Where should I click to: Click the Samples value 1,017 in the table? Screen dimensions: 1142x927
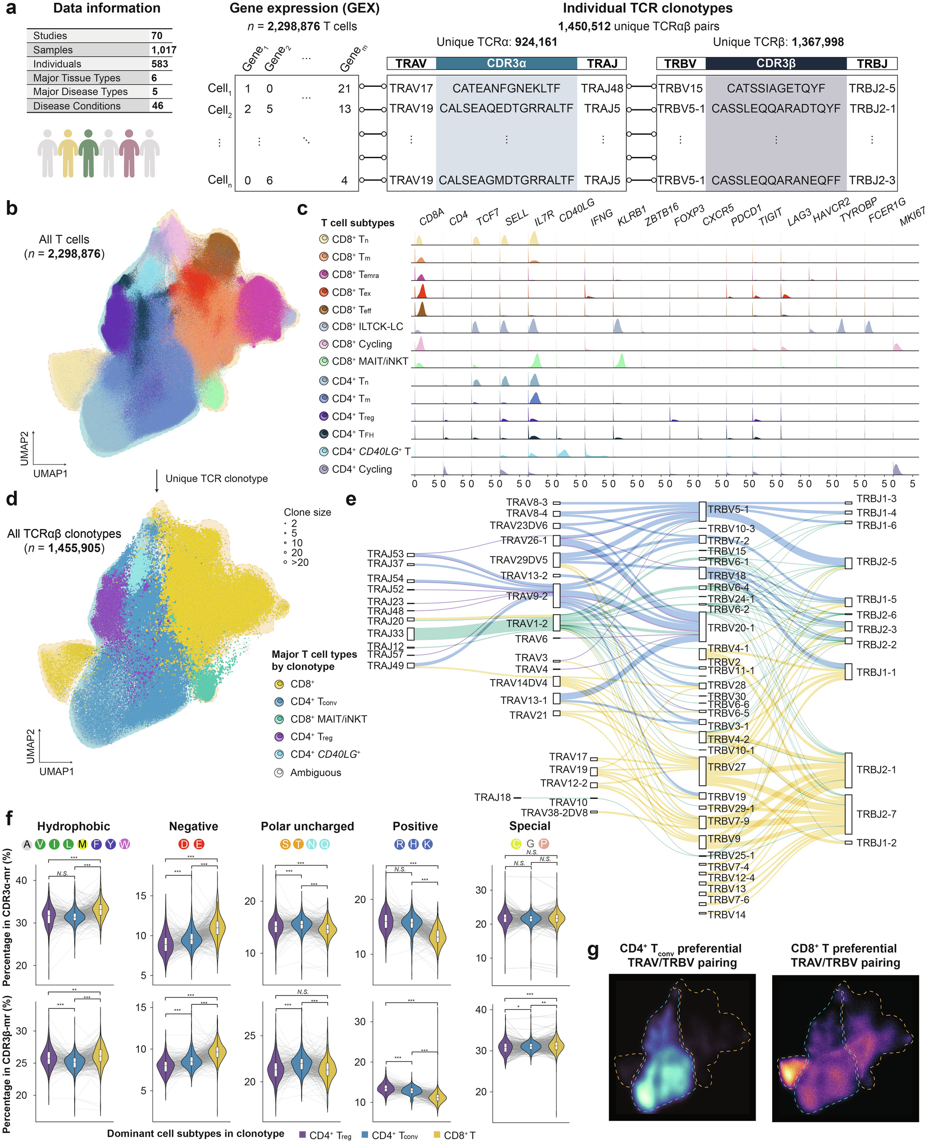[163, 50]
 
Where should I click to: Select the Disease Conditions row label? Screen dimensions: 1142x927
[77, 106]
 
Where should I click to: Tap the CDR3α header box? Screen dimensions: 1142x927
[506, 63]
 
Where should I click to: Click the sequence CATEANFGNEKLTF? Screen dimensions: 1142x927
[506, 88]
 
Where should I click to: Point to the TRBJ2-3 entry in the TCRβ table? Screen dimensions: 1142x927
[872, 180]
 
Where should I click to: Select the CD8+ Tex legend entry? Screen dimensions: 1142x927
[351, 292]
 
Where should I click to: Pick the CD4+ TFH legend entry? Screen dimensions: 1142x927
[352, 434]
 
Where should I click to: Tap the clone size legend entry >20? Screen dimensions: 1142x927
[299, 563]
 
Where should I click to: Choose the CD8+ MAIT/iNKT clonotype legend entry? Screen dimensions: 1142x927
[328, 719]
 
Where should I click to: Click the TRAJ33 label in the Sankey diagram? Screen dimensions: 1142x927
[385, 633]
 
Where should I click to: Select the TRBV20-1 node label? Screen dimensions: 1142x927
[730, 628]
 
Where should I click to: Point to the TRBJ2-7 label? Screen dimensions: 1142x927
[876, 814]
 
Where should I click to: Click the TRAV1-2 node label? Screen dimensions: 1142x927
[527, 623]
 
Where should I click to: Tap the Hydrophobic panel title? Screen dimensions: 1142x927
[74, 826]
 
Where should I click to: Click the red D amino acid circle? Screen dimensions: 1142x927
[184, 844]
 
